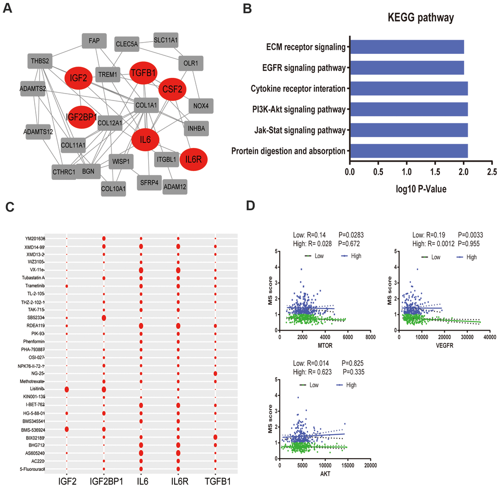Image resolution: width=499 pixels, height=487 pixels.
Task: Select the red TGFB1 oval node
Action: (x=143, y=73)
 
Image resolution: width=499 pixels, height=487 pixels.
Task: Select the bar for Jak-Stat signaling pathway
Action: (x=408, y=130)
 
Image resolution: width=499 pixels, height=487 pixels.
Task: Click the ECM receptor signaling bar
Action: (x=407, y=47)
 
